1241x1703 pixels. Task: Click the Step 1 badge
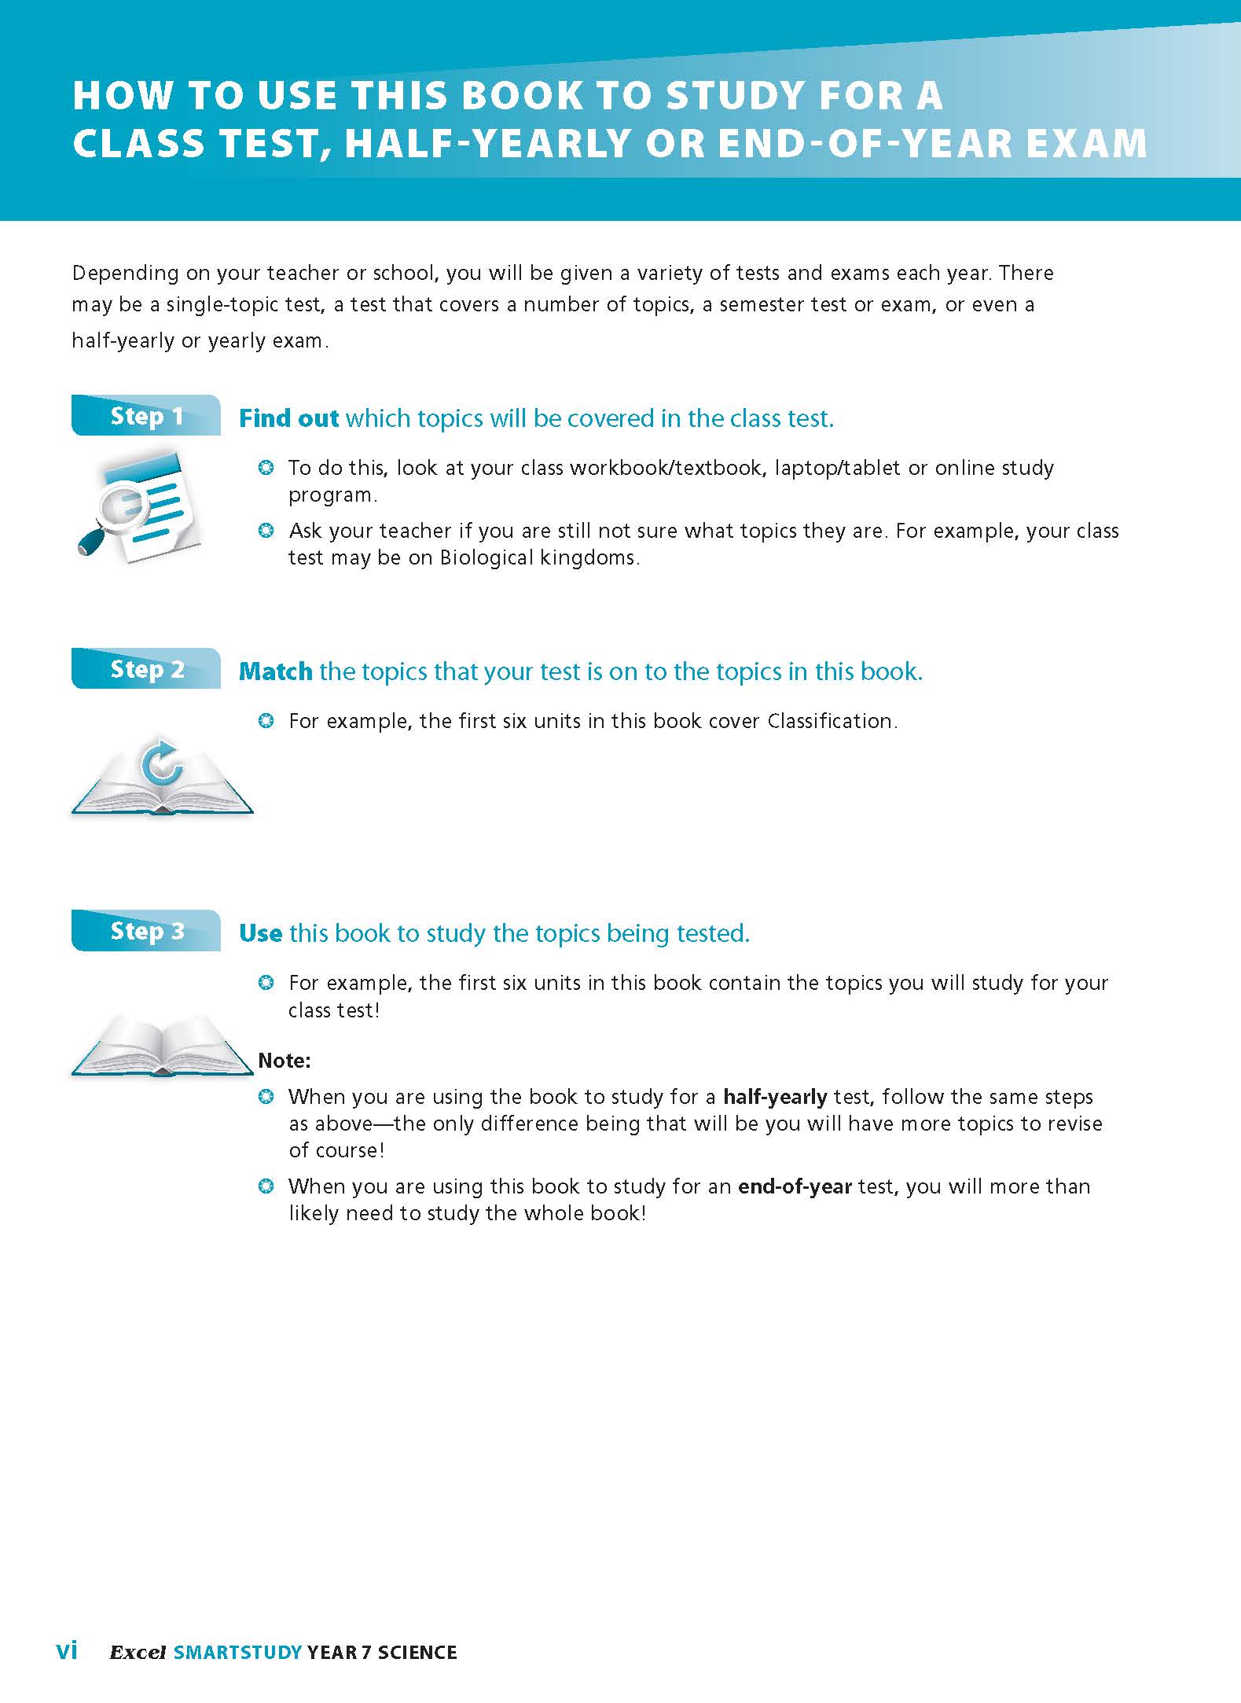pos(146,416)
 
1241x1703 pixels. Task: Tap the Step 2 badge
pos(146,669)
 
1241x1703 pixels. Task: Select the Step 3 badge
pos(146,931)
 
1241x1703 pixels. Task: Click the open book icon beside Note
pos(163,1045)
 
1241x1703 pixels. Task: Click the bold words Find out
pos(288,418)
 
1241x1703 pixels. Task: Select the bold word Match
pos(275,671)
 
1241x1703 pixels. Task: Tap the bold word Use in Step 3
pos(260,933)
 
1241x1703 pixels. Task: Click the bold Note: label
pos(285,1061)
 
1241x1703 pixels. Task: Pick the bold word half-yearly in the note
pos(775,1097)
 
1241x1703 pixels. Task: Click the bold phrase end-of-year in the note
pos(795,1186)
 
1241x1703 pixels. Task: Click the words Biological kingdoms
pos(538,557)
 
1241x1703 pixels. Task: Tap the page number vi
pos(67,1650)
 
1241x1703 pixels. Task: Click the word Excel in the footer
pos(138,1652)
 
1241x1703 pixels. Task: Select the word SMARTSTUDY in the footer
pos(237,1652)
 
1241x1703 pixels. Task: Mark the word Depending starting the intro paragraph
pos(124,274)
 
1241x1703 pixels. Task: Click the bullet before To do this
pos(266,469)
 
